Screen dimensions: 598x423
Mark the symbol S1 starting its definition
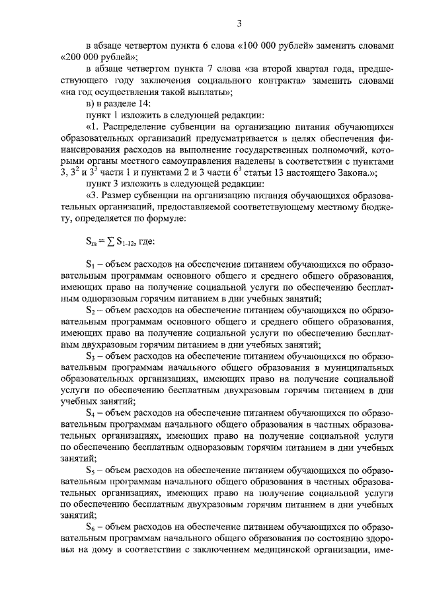click(x=90, y=264)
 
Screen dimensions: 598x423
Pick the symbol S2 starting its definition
click(x=90, y=309)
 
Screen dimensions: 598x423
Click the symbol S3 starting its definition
click(x=90, y=355)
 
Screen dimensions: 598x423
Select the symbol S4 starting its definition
click(x=90, y=412)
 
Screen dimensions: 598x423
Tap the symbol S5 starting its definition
click(x=90, y=469)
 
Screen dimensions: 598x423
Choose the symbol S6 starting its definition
click(x=90, y=527)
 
